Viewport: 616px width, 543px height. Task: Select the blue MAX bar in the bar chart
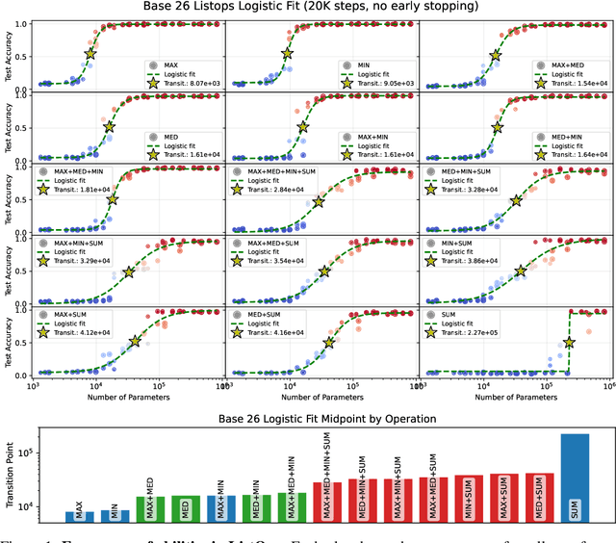[80, 516]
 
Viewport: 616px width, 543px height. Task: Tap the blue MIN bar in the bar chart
[115, 515]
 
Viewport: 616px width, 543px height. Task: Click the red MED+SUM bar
[539, 498]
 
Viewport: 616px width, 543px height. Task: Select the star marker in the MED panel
[109, 127]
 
